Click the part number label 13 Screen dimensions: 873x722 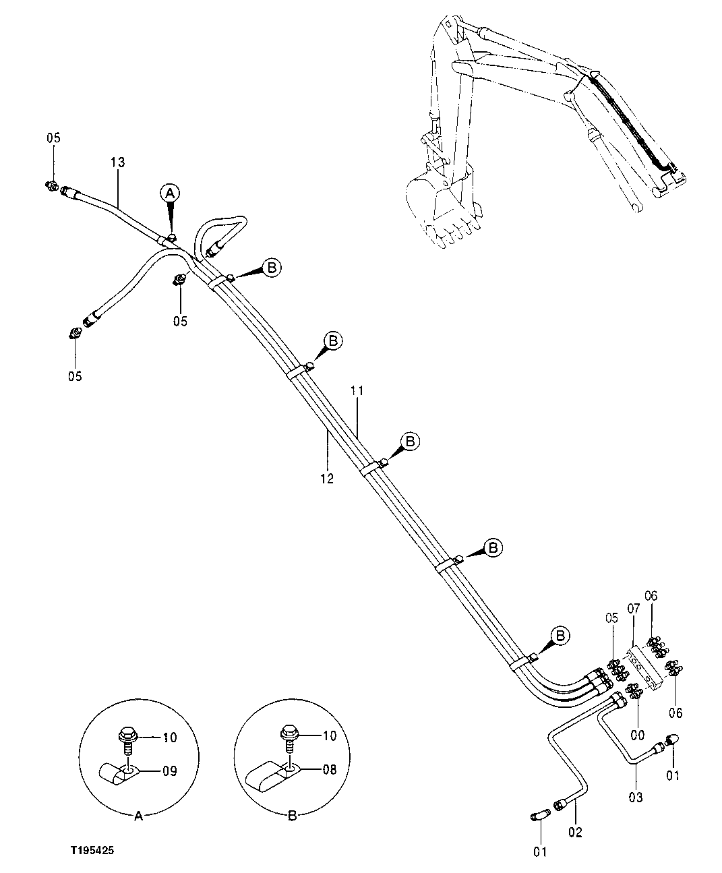[117, 162]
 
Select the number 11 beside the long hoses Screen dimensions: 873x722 [357, 390]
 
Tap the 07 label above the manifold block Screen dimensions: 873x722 [633, 609]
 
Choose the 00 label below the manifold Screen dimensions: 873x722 [637, 734]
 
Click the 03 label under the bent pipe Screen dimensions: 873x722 [635, 797]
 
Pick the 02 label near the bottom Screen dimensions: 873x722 [574, 832]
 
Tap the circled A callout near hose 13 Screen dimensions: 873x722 [169, 193]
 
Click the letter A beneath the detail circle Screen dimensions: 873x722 [138, 816]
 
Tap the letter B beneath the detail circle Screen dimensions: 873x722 [292, 816]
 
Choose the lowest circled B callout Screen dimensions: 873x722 [560, 636]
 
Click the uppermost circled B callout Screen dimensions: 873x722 [272, 268]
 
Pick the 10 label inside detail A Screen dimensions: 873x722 [169, 737]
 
